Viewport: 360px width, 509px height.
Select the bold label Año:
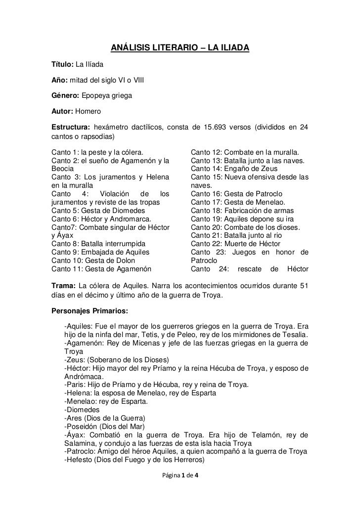coord(60,79)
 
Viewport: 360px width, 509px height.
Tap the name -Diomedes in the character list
coord(82,410)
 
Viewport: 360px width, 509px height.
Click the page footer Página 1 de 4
coord(180,478)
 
